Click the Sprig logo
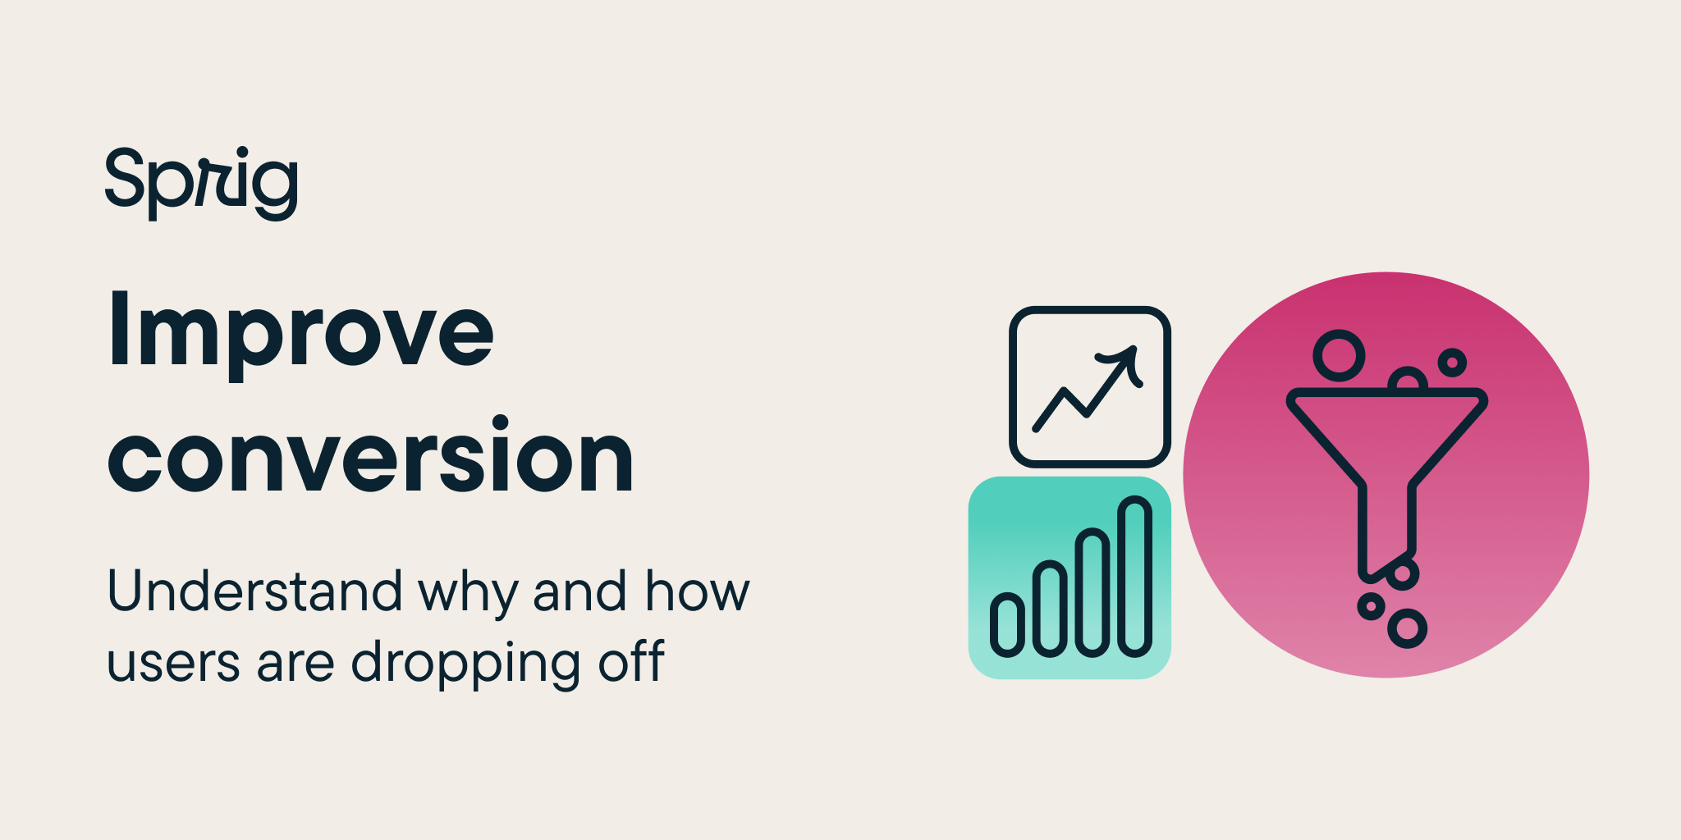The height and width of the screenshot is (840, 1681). (x=201, y=182)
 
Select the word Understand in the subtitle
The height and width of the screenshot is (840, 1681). (x=254, y=591)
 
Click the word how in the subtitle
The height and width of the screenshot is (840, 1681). (x=697, y=591)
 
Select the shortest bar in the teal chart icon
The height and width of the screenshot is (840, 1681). (x=1007, y=626)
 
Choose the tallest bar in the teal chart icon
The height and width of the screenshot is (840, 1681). (x=1135, y=577)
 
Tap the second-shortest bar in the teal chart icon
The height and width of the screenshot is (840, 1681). (x=1050, y=609)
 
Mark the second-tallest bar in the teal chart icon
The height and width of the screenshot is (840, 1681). (x=1092, y=593)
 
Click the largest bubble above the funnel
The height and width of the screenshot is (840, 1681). (x=1339, y=356)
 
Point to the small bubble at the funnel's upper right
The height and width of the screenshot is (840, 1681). (x=1452, y=362)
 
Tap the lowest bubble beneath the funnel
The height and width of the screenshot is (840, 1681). (x=1408, y=628)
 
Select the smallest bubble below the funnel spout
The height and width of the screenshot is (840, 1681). (x=1371, y=607)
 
